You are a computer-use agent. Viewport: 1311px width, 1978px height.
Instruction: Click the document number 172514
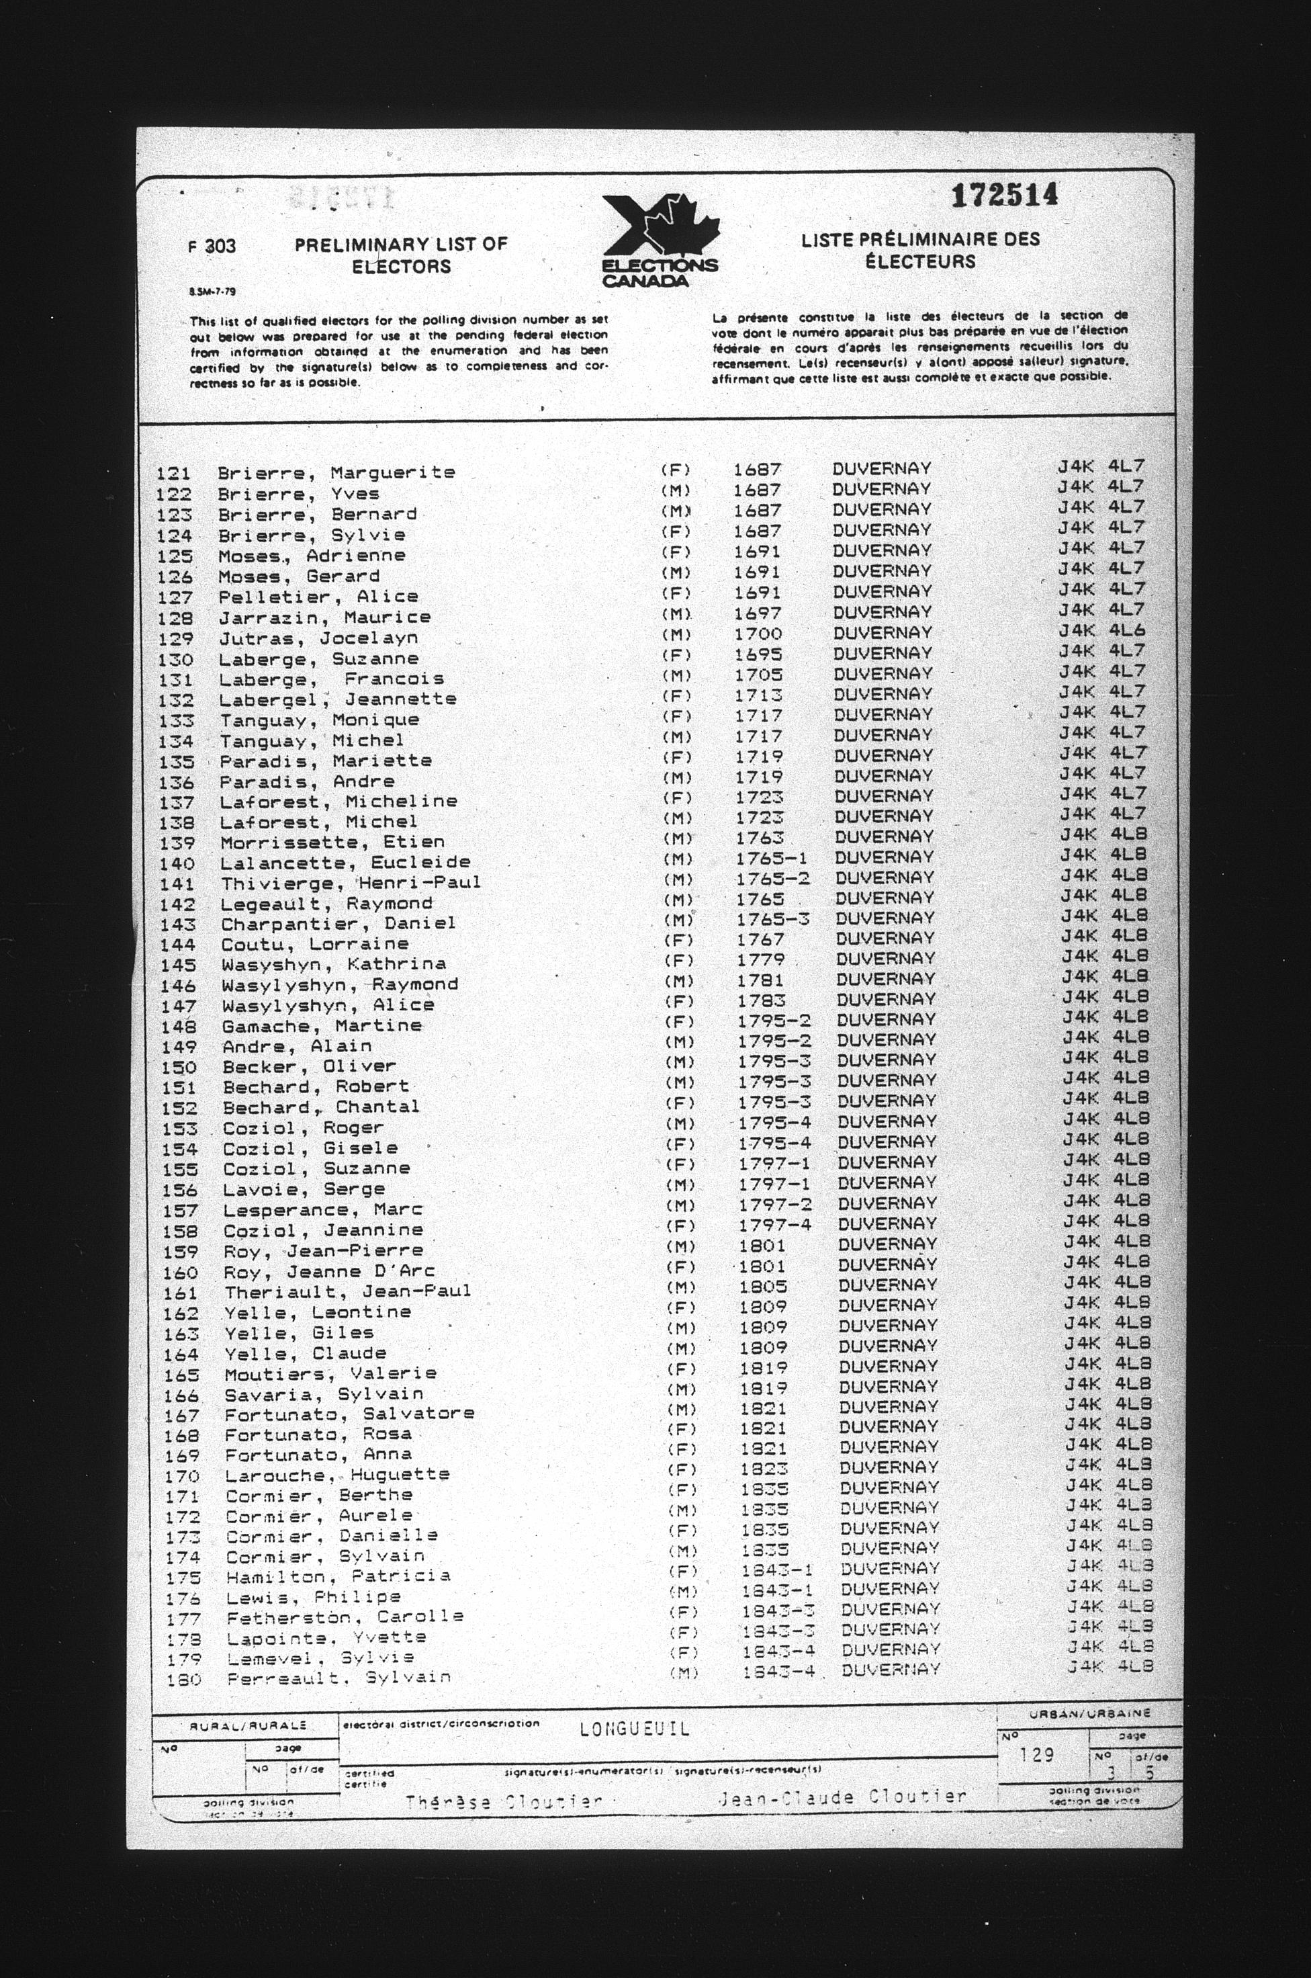coord(1004,196)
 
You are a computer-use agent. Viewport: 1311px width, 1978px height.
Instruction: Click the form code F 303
coord(212,246)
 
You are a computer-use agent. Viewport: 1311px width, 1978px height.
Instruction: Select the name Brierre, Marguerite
coord(336,472)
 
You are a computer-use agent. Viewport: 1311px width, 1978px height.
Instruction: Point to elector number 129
coord(175,638)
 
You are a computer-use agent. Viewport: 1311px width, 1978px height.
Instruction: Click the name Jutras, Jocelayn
coord(318,638)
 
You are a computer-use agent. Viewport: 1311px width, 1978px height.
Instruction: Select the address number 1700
coord(758,634)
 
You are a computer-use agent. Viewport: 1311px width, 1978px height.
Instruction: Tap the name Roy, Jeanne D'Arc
coord(329,1271)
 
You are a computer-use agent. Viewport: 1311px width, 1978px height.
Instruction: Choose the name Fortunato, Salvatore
coord(349,1414)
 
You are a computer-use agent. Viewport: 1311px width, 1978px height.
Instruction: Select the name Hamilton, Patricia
coord(338,1576)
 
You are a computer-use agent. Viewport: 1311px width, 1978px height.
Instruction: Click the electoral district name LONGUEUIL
coord(635,1729)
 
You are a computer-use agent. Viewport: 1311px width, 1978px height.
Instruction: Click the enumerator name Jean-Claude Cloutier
coord(842,1797)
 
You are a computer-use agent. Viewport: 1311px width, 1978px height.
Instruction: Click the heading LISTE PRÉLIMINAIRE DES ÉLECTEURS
coord(921,250)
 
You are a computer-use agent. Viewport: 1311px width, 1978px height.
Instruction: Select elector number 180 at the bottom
coord(184,1678)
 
